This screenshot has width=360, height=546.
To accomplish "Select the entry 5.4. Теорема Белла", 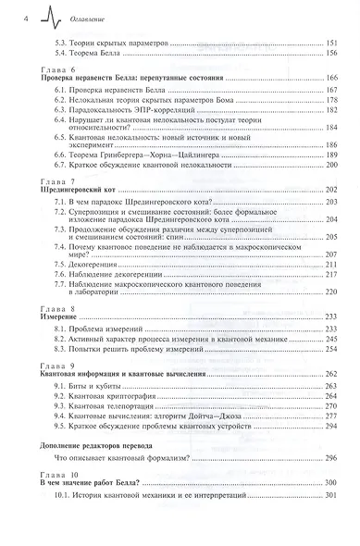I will [89, 53].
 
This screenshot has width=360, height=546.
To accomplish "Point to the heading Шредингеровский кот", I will [77, 188].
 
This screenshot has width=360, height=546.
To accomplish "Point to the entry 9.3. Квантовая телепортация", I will [112, 405].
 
